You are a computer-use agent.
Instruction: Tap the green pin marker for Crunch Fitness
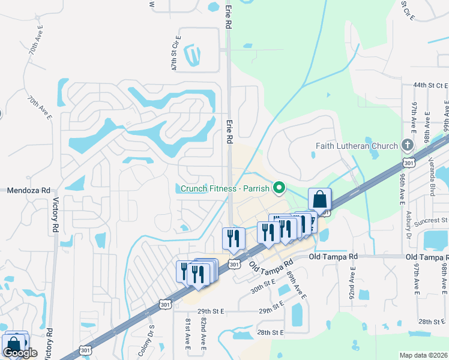[279, 188]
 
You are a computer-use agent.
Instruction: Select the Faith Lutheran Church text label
[357, 146]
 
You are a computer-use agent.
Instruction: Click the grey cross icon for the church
[408, 145]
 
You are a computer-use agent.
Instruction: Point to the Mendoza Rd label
[27, 191]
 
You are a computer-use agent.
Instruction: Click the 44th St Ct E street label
[430, 86]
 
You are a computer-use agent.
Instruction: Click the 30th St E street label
[263, 285]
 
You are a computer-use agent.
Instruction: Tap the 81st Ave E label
[187, 334]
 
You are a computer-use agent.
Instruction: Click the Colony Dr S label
[146, 341]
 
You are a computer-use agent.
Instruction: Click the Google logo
[20, 353]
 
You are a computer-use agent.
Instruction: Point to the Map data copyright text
[424, 355]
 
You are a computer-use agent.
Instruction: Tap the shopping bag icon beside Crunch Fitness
[319, 199]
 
